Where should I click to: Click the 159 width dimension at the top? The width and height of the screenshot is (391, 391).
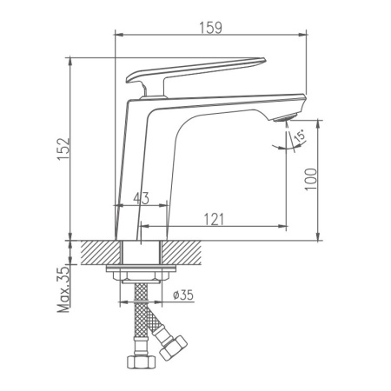click(211, 27)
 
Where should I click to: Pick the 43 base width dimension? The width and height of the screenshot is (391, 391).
click(140, 199)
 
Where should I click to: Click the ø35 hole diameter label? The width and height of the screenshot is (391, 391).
click(182, 295)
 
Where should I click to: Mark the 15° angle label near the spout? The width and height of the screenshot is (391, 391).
click(297, 137)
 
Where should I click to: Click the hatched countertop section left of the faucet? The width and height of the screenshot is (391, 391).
click(97, 254)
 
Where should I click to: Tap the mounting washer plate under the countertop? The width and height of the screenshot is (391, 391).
click(140, 270)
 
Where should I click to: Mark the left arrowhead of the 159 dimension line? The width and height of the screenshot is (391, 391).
click(119, 36)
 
